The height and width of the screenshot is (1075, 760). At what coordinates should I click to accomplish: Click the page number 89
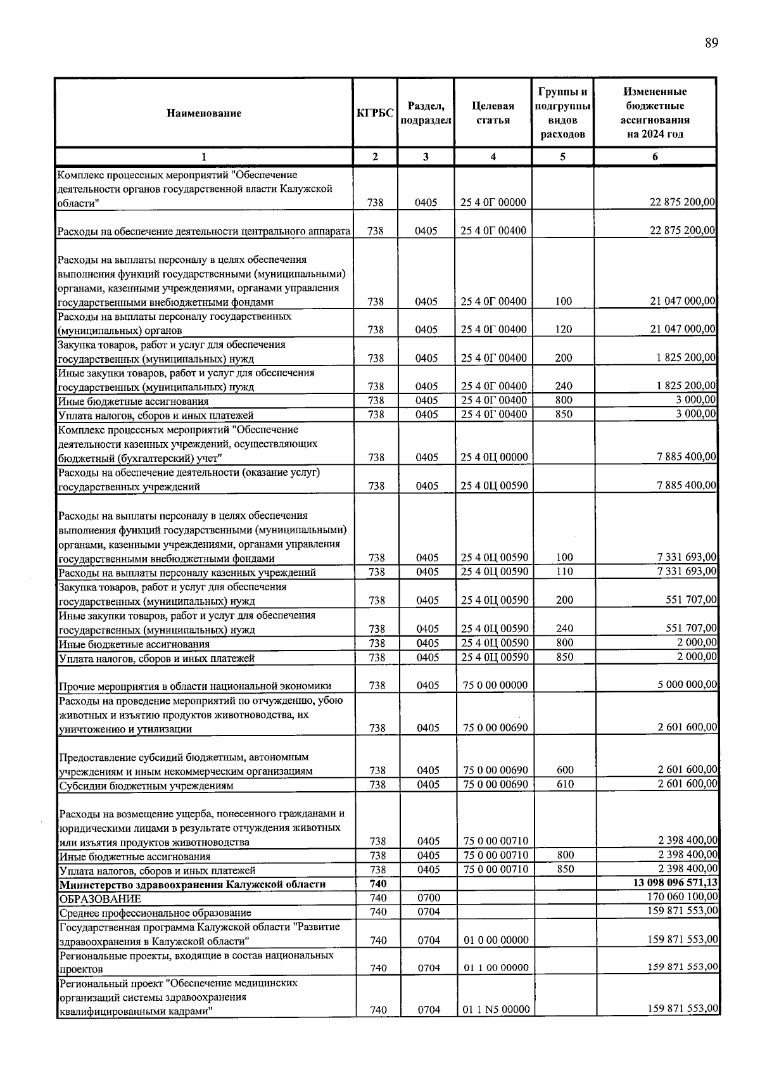[x=711, y=43]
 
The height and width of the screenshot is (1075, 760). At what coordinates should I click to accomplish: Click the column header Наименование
[x=204, y=113]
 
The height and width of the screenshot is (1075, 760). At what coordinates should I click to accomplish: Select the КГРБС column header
[x=375, y=113]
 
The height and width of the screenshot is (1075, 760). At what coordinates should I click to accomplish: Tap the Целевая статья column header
[x=493, y=113]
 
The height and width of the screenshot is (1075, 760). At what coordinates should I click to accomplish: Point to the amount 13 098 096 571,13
[x=675, y=883]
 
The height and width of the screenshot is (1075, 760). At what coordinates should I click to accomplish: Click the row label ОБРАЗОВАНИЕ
[x=100, y=898]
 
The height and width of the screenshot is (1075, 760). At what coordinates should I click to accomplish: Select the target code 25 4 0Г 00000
[x=493, y=203]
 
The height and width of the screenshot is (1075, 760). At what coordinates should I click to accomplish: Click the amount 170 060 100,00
[x=683, y=897]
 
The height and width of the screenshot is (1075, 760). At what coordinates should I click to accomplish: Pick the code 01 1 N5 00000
[x=496, y=1009]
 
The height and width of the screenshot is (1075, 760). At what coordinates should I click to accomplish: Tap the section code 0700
[x=429, y=898]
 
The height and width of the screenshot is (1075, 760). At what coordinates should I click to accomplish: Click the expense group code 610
[x=565, y=784]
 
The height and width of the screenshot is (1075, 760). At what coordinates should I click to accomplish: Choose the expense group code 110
[x=564, y=572]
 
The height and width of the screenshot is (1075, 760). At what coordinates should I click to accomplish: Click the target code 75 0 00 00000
[x=495, y=685]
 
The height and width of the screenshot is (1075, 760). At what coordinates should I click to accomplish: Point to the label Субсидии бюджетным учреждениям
[x=146, y=786]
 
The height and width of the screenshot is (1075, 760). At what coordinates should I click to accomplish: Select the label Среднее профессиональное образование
[x=155, y=913]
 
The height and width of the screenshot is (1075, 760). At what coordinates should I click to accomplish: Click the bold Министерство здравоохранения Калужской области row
[x=193, y=884]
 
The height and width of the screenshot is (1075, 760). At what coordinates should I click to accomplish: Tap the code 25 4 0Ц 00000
[x=494, y=457]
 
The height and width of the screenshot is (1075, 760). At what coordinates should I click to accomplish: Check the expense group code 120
[x=563, y=329]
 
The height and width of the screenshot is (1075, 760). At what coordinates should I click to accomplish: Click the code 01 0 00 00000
[x=496, y=940]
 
